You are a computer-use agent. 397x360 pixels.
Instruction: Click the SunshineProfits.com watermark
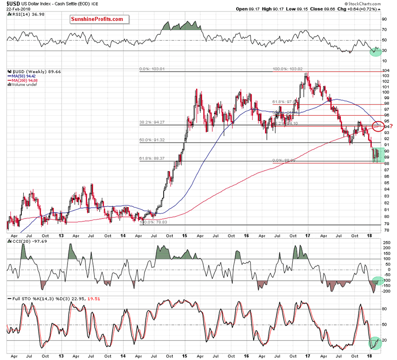(97, 19)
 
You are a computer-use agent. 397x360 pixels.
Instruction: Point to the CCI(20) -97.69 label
(25, 240)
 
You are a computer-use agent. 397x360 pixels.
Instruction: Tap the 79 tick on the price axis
(386, 224)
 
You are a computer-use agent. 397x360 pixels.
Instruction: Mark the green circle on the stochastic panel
(377, 342)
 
